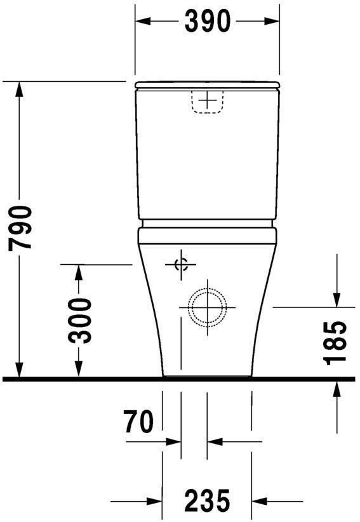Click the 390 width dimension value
(x=207, y=22)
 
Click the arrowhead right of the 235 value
(x=261, y=500)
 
